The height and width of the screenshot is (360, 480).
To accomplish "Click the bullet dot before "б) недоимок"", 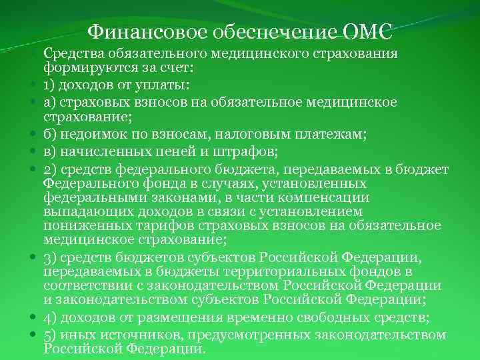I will pos(32,135).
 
